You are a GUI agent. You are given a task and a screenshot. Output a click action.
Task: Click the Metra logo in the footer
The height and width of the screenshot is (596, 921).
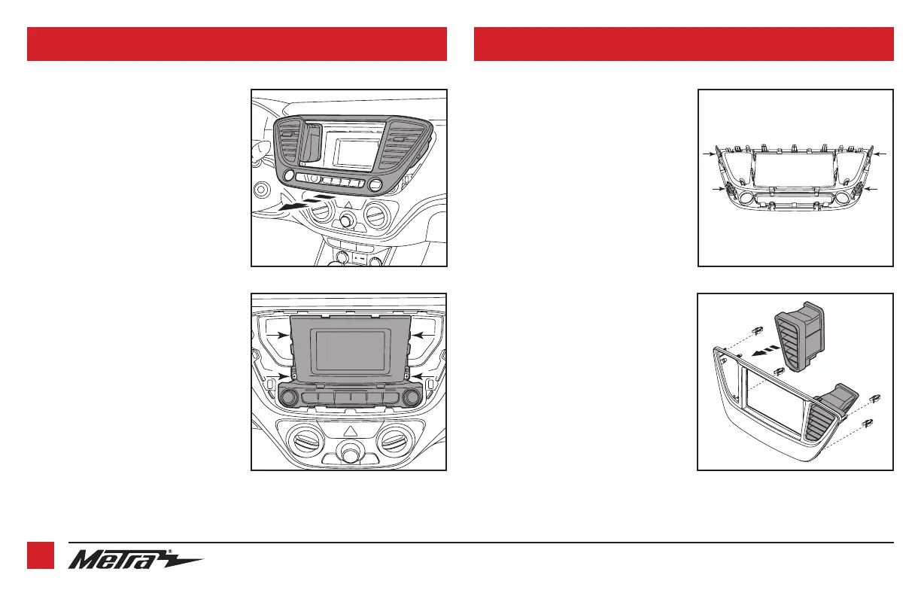pyautogui.click(x=135, y=561)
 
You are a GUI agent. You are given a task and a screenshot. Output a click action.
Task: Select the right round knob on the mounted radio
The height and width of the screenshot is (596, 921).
pyautogui.click(x=412, y=397)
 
